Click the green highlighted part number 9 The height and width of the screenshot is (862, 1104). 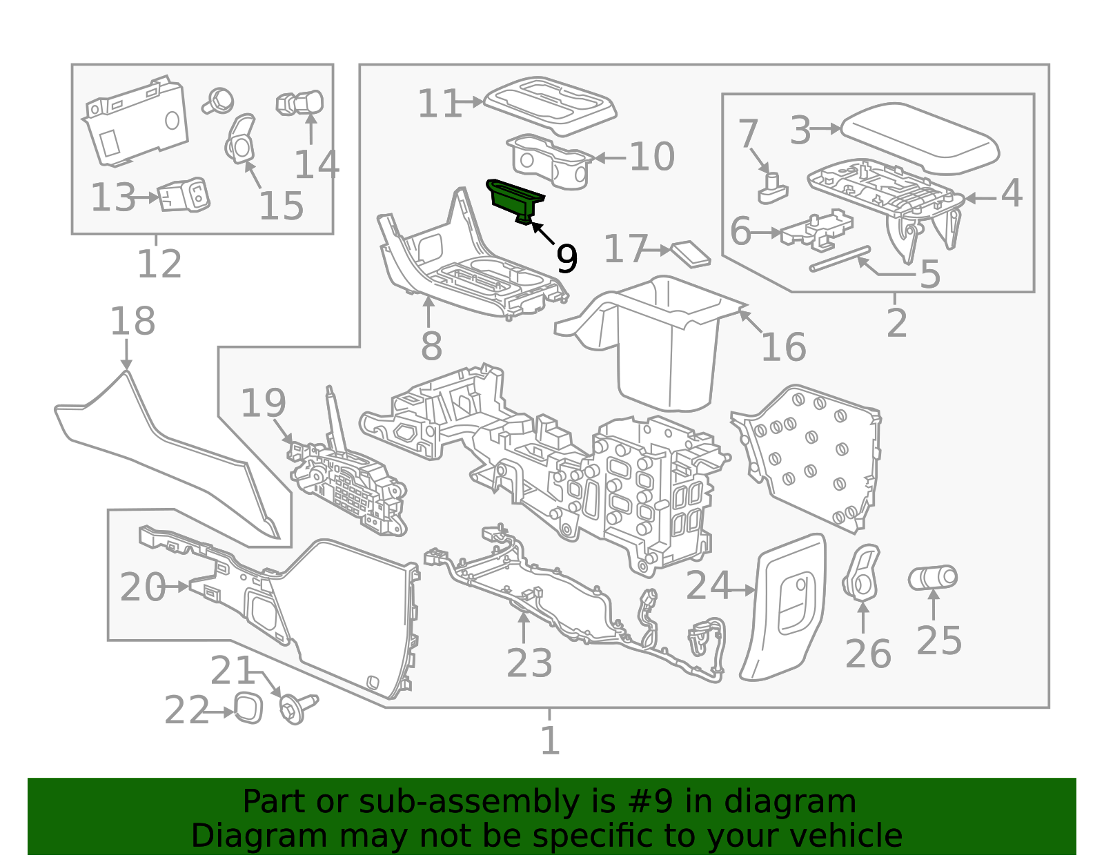coord(514,199)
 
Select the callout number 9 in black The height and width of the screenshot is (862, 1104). coord(566,259)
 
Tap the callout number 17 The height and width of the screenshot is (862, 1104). coord(625,249)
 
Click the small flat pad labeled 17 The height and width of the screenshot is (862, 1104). coord(691,253)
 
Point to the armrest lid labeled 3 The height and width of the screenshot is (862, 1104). coord(921,138)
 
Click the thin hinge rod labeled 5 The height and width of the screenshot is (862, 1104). coord(840,259)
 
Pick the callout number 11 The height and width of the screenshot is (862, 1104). coord(440,104)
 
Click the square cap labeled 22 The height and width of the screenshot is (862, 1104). coord(248,708)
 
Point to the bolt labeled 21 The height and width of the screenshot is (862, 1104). coord(295,709)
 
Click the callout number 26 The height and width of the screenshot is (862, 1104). coord(867,654)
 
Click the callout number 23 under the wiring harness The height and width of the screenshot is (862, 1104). coord(529,664)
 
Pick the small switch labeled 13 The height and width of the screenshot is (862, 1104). coord(184,196)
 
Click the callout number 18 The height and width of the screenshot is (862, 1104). coord(132,322)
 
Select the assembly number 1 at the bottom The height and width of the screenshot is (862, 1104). coord(549,741)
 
